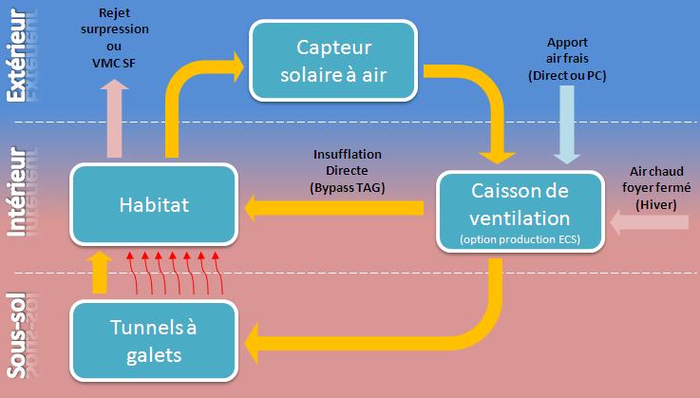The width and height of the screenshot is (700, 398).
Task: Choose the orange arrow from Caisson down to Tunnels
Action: point(456,323)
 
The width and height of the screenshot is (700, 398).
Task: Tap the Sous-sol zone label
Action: point(16,332)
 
